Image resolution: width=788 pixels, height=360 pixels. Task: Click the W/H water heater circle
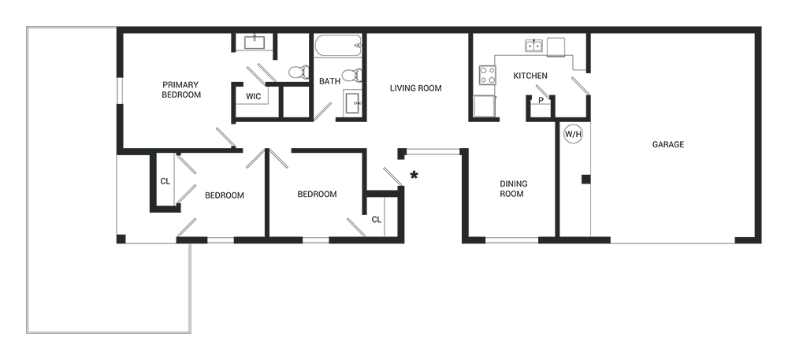[573, 134]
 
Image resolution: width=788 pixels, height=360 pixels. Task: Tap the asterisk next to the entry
[414, 175]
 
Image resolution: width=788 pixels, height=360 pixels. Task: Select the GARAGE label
[668, 145]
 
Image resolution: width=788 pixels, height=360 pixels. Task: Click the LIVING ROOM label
[415, 88]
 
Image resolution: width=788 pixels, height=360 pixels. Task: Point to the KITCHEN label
[530, 76]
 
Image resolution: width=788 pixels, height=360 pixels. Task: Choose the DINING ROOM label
[513, 189]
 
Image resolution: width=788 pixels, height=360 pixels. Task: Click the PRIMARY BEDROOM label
[181, 89]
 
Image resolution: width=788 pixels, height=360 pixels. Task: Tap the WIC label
[253, 96]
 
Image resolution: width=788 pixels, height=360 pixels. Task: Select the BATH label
[329, 81]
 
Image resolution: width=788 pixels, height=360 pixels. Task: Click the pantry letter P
[541, 100]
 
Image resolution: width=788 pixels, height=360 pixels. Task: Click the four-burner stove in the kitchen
[487, 76]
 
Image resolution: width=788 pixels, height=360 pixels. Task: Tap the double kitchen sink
[533, 46]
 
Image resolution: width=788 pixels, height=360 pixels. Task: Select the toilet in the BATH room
[354, 76]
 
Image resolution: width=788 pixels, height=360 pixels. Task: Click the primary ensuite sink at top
[255, 43]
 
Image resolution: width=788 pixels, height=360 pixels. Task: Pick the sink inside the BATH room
[353, 103]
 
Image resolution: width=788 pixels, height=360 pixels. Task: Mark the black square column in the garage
[585, 180]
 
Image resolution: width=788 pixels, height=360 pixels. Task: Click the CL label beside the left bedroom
[165, 182]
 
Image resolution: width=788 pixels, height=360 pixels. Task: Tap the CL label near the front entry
[377, 220]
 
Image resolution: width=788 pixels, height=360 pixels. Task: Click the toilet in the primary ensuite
[298, 72]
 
